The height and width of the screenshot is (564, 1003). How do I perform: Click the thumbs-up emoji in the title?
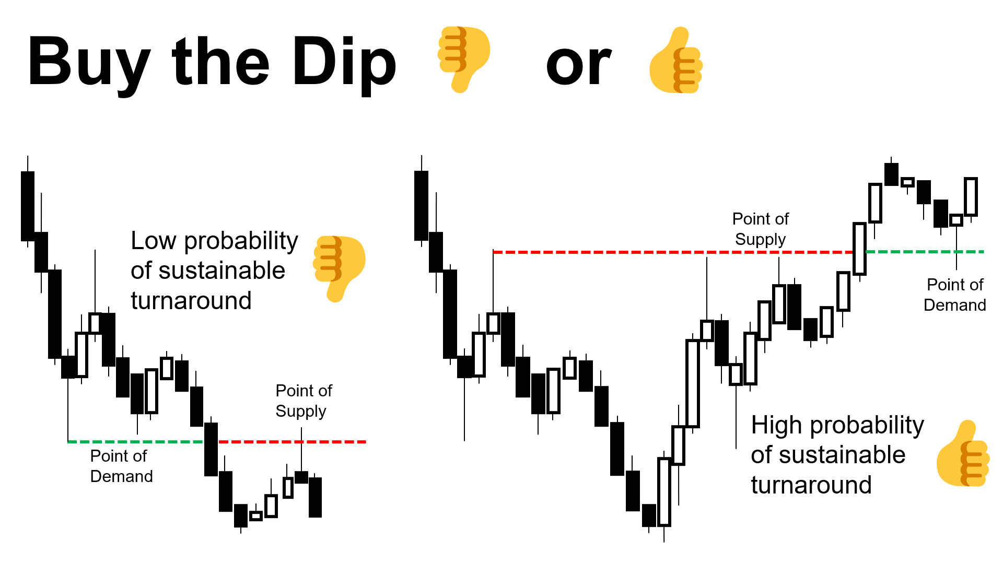pos(676,60)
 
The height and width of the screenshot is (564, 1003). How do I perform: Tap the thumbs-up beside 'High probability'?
pos(963,453)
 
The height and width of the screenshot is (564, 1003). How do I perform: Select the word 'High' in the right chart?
pos(776,425)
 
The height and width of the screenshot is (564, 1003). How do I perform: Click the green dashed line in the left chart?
pos(135,442)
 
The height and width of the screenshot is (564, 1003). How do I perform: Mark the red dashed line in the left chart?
pos(292,442)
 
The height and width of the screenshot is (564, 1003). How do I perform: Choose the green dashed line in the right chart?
pos(925,252)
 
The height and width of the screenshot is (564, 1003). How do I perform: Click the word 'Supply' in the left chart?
pos(301,412)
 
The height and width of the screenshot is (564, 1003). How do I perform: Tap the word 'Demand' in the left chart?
pos(122,476)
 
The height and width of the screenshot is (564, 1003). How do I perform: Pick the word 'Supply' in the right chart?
pos(761,240)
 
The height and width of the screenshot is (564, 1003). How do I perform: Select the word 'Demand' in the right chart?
pos(955,305)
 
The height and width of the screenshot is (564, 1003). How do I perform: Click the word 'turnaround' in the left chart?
pos(191,301)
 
